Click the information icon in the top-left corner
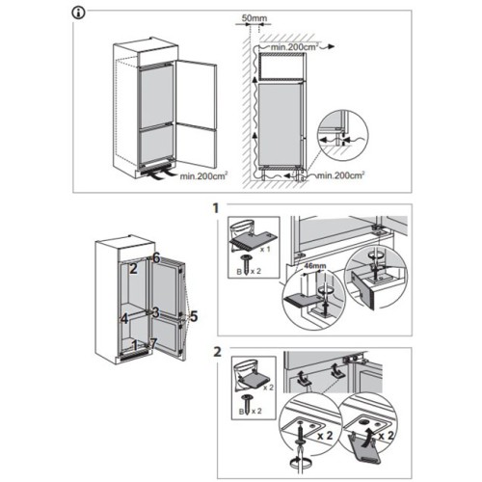79,13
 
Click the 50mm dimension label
254,18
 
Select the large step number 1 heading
216,208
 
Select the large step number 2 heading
217,352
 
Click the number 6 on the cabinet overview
156,257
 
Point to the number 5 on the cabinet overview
194,316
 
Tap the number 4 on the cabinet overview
124,319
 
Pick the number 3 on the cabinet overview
155,312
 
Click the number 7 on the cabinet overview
153,343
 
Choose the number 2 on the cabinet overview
133,268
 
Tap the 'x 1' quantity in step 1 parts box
265,249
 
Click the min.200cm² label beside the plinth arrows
203,175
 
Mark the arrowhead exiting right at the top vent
331,47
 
